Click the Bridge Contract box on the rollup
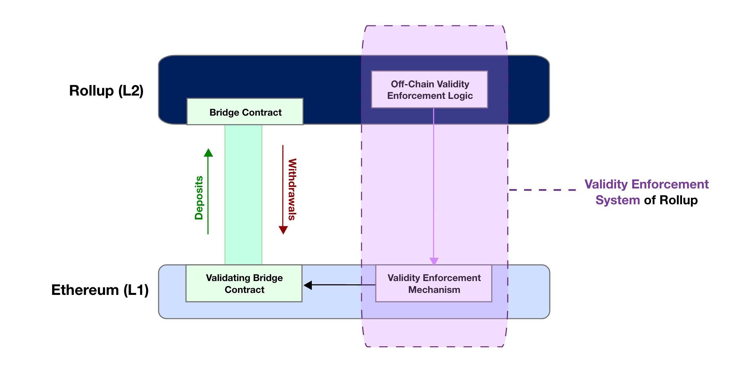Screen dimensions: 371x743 (245, 112)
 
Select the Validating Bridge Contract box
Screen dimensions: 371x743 (244, 283)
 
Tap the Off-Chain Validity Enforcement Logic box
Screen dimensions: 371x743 (430, 90)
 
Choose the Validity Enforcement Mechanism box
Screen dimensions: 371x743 (434, 283)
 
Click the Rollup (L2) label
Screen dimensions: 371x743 (106, 91)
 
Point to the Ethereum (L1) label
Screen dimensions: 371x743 (100, 290)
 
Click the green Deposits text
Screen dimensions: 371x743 (199, 198)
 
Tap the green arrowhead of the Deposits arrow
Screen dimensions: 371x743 (208, 153)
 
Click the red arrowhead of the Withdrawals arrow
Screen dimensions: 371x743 (283, 230)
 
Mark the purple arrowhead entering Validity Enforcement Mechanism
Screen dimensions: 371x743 (434, 261)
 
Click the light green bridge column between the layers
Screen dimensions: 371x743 (243, 194)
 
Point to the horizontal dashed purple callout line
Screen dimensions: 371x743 (542, 190)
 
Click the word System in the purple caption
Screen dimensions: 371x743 (617, 200)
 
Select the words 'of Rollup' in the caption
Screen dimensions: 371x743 (671, 200)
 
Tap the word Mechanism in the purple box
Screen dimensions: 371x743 (434, 290)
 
